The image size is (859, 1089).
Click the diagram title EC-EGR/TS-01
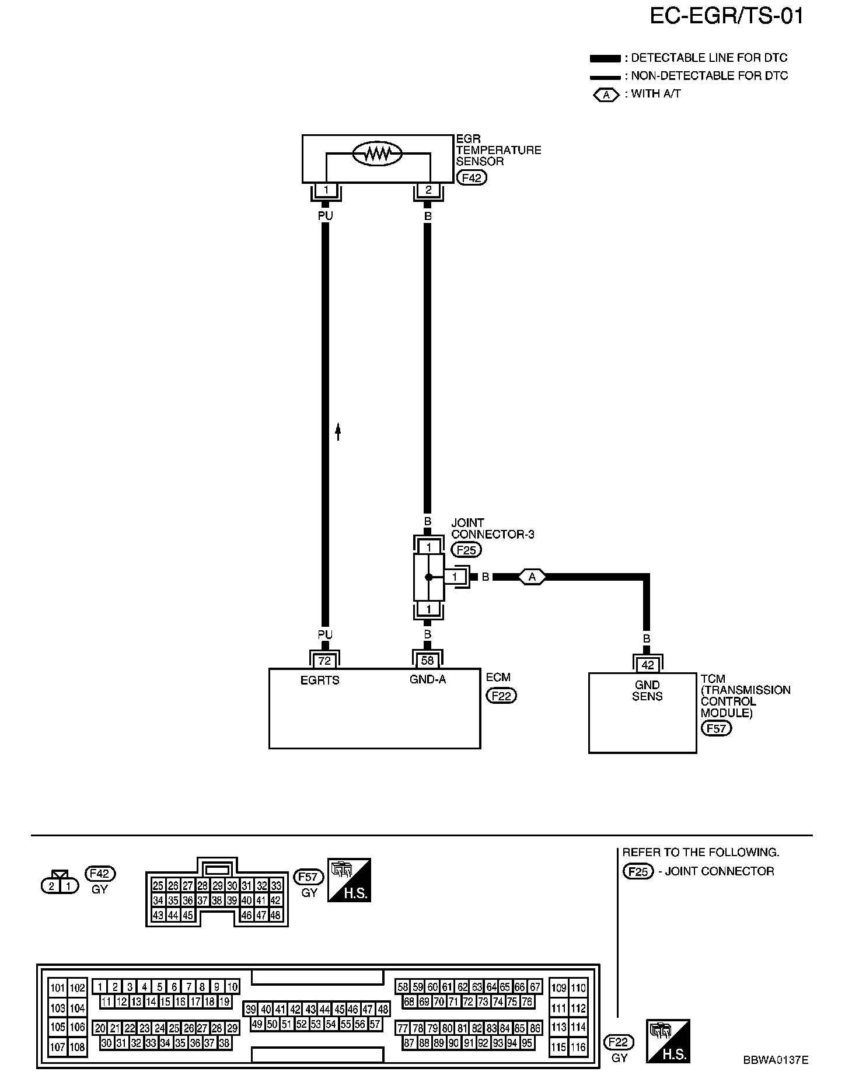pyautogui.click(x=727, y=16)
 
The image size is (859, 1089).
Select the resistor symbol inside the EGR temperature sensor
pyautogui.click(x=378, y=153)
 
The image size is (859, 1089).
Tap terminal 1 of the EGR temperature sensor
pyautogui.click(x=326, y=190)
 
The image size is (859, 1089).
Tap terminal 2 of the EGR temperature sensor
pyautogui.click(x=428, y=190)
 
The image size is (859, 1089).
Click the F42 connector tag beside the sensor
pyautogui.click(x=471, y=177)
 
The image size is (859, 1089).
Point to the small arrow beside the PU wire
pyautogui.click(x=338, y=431)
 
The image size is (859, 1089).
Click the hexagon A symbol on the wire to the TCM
pyautogui.click(x=532, y=577)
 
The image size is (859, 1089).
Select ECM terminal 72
pyautogui.click(x=324, y=661)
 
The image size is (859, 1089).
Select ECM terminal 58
pyautogui.click(x=428, y=661)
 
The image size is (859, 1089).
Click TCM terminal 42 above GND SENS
pyautogui.click(x=647, y=665)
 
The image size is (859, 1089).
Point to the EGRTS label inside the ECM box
pyautogui.click(x=320, y=680)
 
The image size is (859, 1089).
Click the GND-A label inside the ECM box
pyautogui.click(x=428, y=679)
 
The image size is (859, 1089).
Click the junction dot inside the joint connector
pyautogui.click(x=428, y=577)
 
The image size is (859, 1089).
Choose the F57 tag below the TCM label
pyautogui.click(x=716, y=728)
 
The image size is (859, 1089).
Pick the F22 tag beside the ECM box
pyautogui.click(x=501, y=696)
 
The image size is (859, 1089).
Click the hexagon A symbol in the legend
pyautogui.click(x=607, y=94)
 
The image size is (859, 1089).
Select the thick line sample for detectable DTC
pyautogui.click(x=605, y=58)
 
